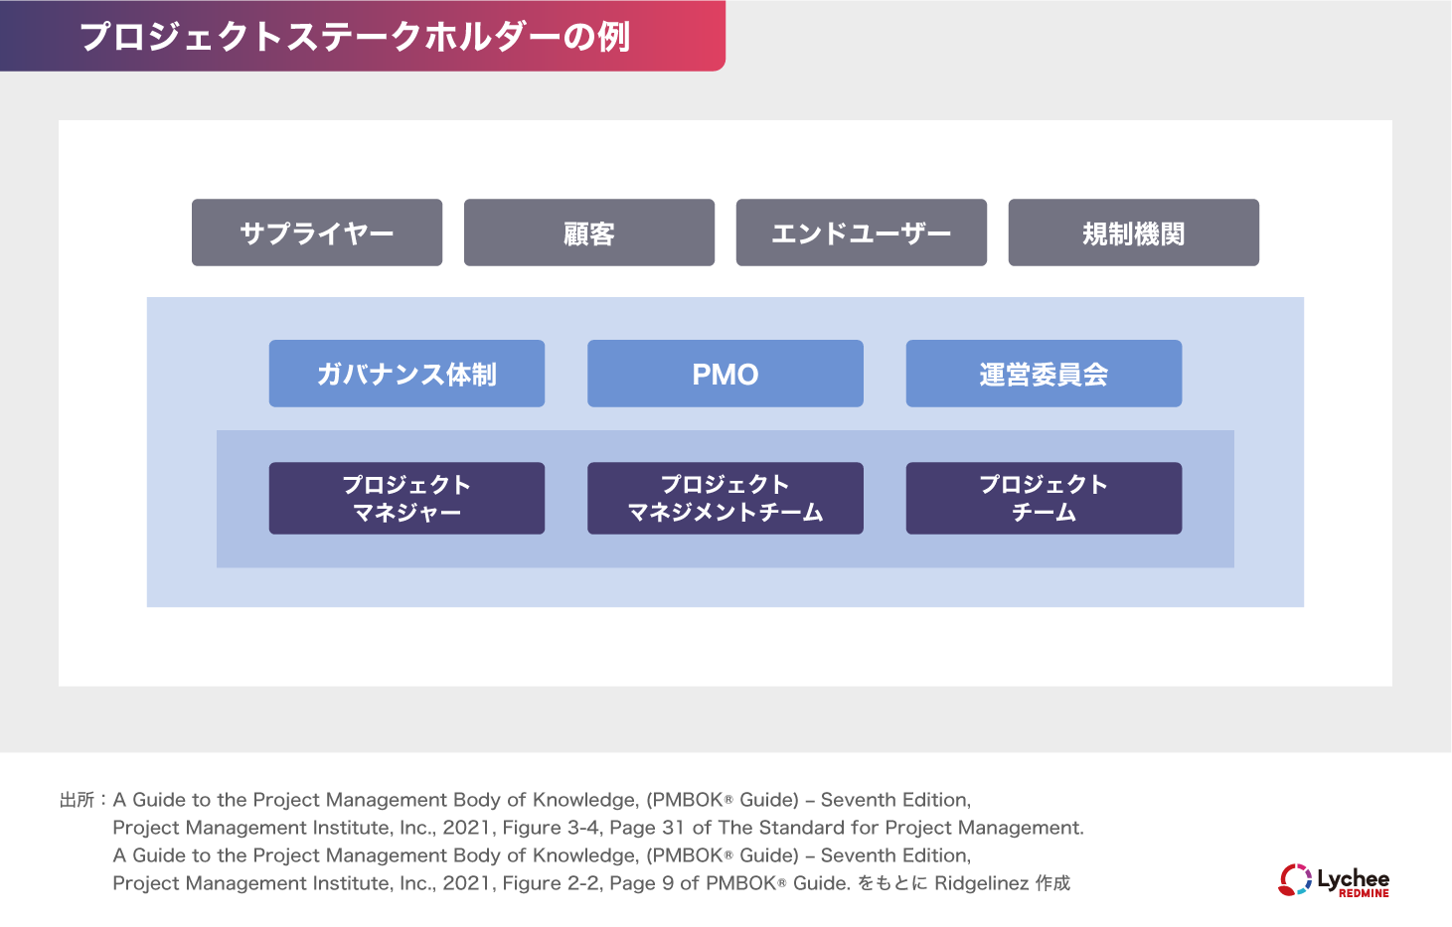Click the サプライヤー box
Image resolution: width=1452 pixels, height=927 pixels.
[317, 232]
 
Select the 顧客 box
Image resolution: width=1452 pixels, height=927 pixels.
[589, 232]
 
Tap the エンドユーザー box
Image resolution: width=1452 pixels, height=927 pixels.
[862, 232]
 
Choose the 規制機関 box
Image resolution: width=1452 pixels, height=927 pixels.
[1134, 232]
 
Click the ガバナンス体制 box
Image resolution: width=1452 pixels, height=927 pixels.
[407, 374]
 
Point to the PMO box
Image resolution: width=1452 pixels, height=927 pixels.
[726, 374]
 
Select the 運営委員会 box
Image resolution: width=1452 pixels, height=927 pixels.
[1045, 374]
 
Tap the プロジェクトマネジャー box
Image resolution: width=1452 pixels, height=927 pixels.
[407, 499]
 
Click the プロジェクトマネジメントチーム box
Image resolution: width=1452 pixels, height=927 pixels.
[726, 499]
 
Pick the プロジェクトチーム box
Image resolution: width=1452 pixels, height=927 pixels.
[1045, 499]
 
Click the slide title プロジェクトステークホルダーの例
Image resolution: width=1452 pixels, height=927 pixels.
[355, 37]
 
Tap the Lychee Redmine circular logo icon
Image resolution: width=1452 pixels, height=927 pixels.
[1295, 879]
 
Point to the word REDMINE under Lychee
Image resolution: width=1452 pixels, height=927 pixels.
[1364, 893]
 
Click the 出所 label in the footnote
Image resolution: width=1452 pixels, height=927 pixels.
[78, 800]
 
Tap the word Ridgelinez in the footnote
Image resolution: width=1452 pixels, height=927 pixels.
[981, 883]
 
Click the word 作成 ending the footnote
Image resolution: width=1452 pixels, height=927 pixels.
[1052, 883]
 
